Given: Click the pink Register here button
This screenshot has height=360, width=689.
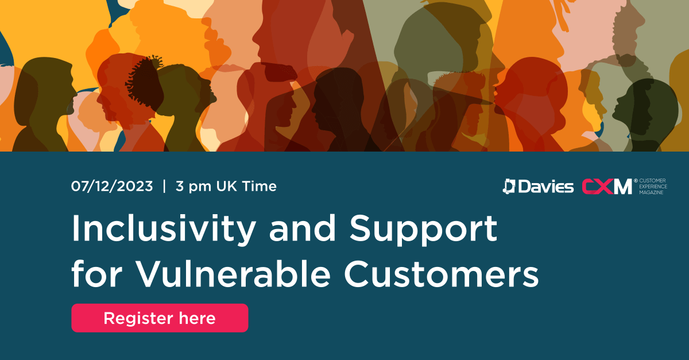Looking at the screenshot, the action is point(160,318).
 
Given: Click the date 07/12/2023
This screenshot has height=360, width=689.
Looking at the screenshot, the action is point(112,186).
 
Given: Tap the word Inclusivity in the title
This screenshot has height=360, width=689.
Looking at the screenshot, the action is point(164,229).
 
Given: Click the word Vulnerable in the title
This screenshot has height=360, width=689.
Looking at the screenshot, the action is point(233,273).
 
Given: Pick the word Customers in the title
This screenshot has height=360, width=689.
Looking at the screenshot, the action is point(442,273).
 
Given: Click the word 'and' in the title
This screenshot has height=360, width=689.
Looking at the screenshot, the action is point(303,228).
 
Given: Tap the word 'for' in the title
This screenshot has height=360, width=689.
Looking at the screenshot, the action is point(97,273).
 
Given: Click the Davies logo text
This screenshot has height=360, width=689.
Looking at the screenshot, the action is point(546,187).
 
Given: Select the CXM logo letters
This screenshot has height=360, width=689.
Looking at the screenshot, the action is point(607,187).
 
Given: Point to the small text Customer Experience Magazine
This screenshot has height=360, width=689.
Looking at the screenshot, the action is point(653,187).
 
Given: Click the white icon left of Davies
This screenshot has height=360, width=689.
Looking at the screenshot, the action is point(509,187).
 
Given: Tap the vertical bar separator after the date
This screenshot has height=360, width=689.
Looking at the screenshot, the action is point(164,186).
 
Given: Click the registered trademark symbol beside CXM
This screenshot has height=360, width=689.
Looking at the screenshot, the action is point(636,181).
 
